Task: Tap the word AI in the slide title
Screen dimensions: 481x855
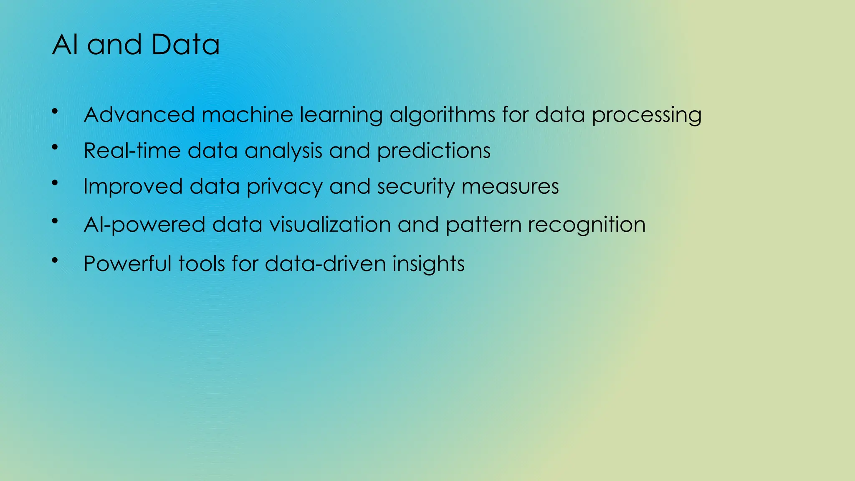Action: pyautogui.click(x=65, y=45)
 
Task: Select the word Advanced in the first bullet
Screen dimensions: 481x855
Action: pyautogui.click(x=139, y=114)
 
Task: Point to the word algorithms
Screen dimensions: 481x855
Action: pyautogui.click(x=442, y=115)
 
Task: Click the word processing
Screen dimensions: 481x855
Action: pyautogui.click(x=647, y=115)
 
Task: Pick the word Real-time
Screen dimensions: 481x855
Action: pyautogui.click(x=132, y=150)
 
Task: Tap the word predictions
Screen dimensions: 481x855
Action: pyautogui.click(x=434, y=151)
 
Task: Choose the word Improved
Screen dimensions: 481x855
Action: pyautogui.click(x=133, y=187)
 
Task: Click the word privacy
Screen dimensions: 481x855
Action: pyautogui.click(x=284, y=187)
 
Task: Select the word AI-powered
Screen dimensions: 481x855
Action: pyautogui.click(x=144, y=225)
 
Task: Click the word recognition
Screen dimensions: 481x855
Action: pyautogui.click(x=587, y=225)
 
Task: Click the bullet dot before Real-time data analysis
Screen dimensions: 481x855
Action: pyautogui.click(x=55, y=147)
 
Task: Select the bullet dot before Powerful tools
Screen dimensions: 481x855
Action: pyautogui.click(x=55, y=260)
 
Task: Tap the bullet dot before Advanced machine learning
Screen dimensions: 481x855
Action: pyautogui.click(x=55, y=111)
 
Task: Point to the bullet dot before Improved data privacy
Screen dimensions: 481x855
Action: pyautogui.click(x=55, y=182)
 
